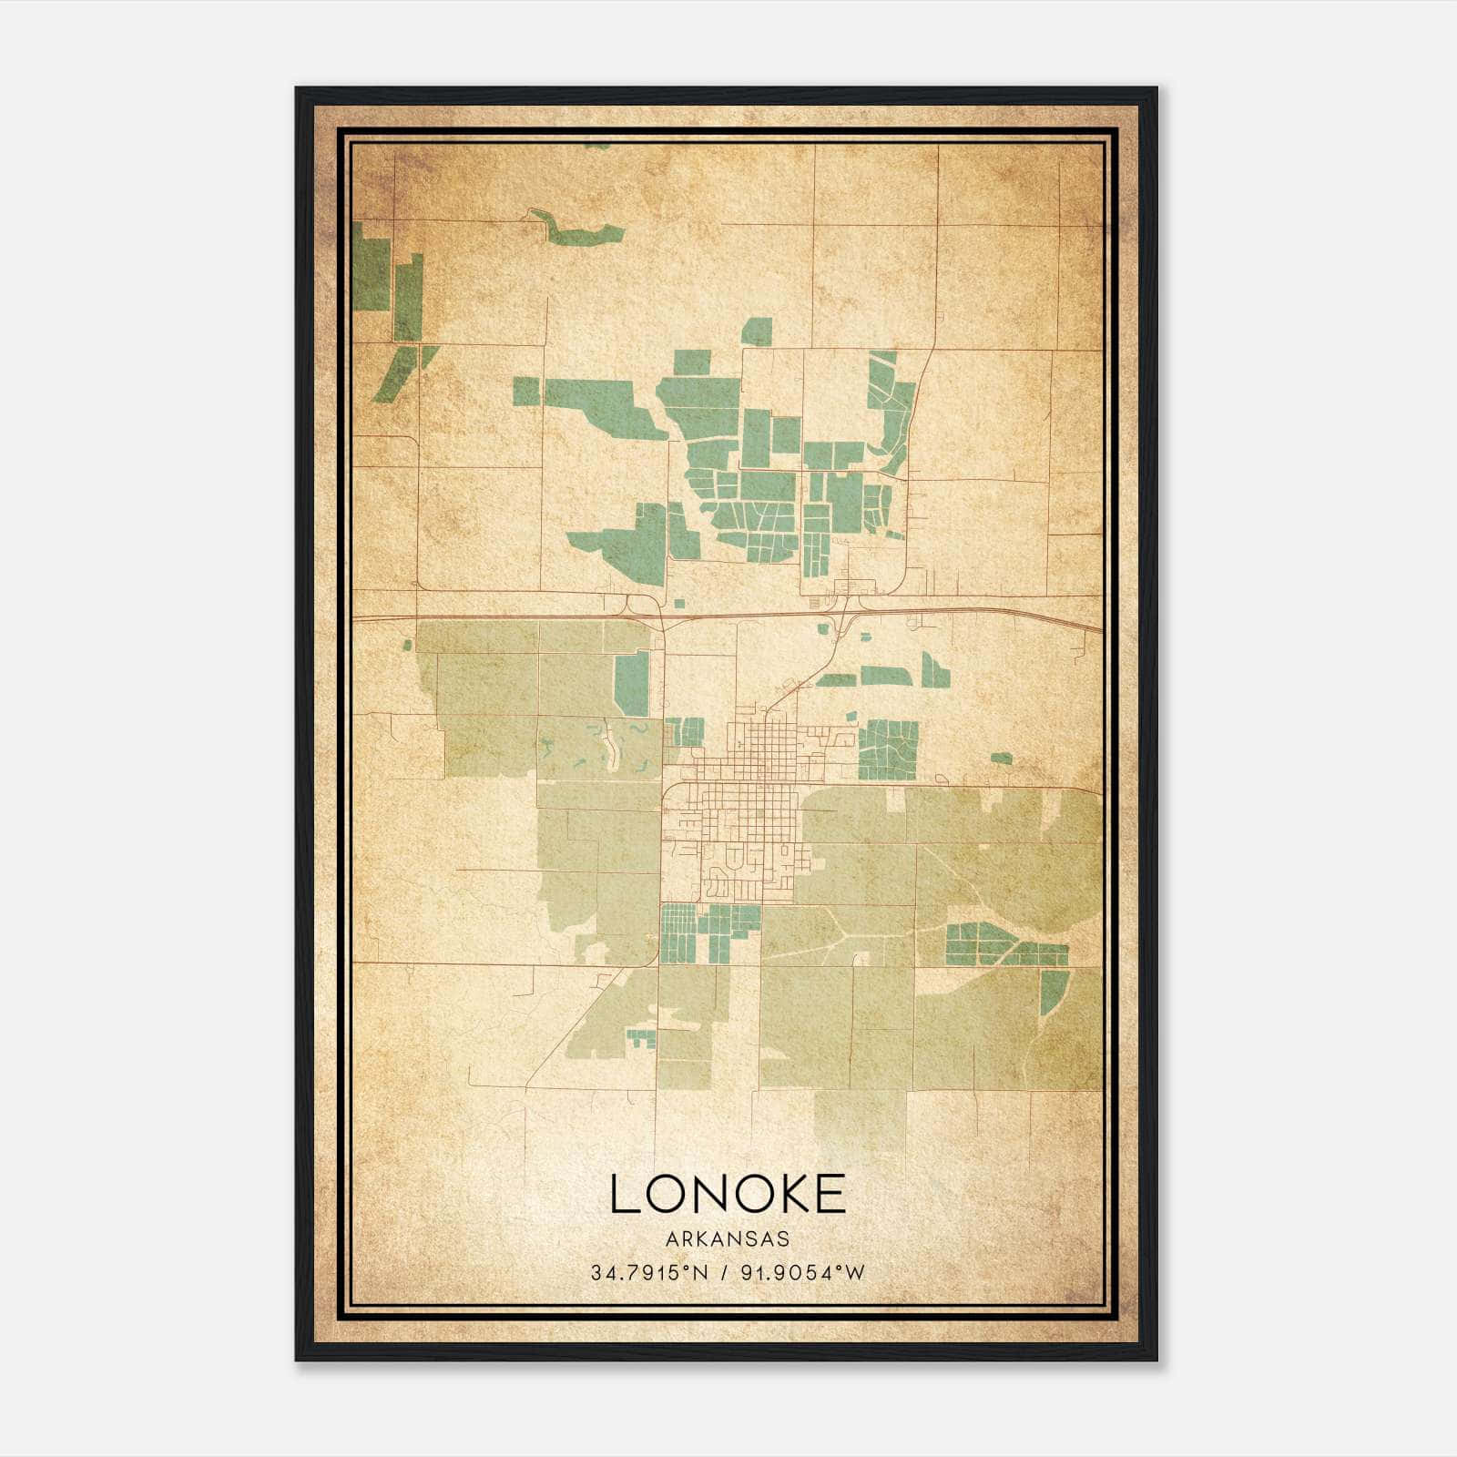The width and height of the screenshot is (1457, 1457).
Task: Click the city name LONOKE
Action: tap(728, 1194)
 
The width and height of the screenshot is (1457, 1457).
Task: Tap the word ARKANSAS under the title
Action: tap(728, 1239)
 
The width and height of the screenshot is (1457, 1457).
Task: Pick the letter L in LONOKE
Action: tap(623, 1194)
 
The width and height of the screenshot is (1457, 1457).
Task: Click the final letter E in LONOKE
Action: tap(830, 1194)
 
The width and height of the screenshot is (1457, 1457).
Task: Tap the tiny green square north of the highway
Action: tap(680, 603)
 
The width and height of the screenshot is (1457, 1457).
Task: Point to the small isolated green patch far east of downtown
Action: tap(1001, 758)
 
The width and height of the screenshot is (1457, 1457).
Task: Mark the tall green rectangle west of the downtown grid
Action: tap(631, 684)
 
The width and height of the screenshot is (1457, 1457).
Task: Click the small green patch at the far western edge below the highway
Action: tap(407, 645)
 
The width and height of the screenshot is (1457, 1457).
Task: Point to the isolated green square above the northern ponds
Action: tap(756, 331)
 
